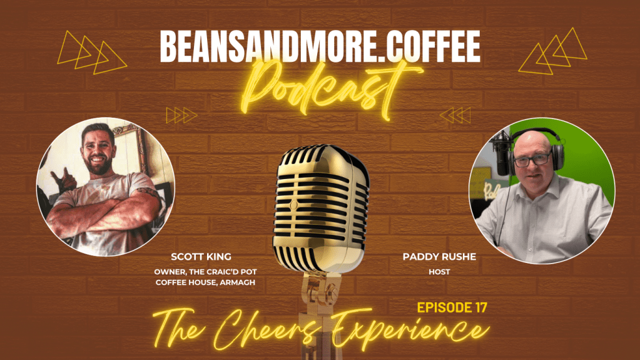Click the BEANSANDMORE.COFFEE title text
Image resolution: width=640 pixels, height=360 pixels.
click(320, 46)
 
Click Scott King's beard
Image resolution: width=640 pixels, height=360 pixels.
click(98, 166)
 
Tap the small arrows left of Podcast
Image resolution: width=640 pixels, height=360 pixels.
click(181, 115)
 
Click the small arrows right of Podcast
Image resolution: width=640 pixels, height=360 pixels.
click(455, 115)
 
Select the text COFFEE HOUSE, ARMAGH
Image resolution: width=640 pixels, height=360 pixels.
click(204, 282)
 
